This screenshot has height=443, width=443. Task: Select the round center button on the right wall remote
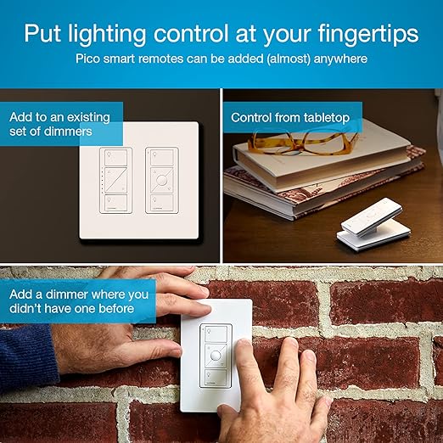coord(158,181)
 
